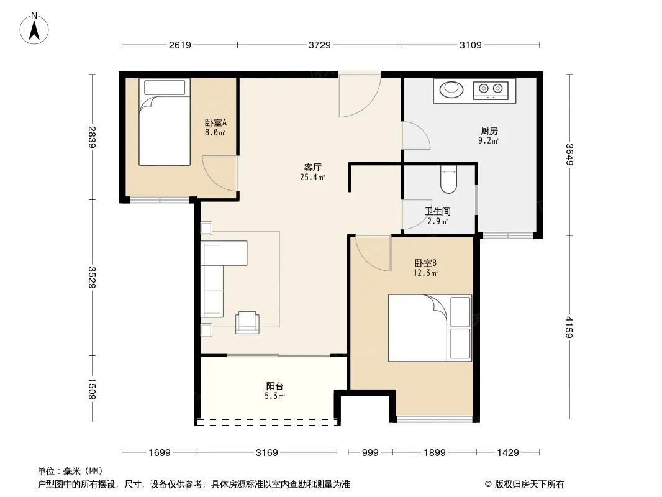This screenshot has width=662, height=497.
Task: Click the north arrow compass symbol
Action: point(34,29)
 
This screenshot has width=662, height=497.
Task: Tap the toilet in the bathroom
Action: point(448,179)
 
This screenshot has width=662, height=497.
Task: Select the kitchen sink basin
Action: point(451,89)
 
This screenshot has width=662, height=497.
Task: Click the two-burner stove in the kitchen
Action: point(491,89)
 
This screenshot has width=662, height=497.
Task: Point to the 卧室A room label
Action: point(215,122)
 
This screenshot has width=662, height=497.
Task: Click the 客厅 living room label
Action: point(312,167)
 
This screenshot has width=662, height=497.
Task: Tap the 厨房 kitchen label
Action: point(489,131)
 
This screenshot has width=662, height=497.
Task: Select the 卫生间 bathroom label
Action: point(437,211)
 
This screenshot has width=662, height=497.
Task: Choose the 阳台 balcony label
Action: point(274,386)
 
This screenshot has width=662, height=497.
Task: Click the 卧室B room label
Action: point(425,263)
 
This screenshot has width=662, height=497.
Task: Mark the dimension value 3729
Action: point(320,45)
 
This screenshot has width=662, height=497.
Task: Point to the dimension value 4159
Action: point(569,327)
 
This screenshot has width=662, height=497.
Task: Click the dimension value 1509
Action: point(92,389)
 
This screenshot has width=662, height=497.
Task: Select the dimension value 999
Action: point(370,453)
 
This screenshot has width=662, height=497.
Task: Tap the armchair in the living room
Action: point(247,322)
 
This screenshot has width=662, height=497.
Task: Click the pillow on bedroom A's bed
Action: point(165,88)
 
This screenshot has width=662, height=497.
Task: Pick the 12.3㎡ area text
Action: point(425,273)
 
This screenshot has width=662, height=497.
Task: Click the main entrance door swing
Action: point(360,96)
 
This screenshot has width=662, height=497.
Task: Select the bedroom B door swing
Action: point(373,253)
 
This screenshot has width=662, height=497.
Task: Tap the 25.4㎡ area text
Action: point(312,177)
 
